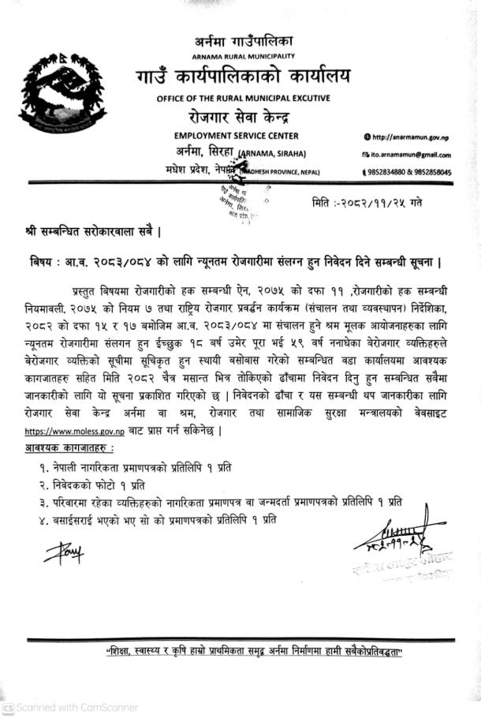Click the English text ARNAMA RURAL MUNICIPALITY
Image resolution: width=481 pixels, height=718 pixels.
244,56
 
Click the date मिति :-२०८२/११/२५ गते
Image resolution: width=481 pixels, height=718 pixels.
367,203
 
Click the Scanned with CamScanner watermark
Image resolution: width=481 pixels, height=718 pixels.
71,708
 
